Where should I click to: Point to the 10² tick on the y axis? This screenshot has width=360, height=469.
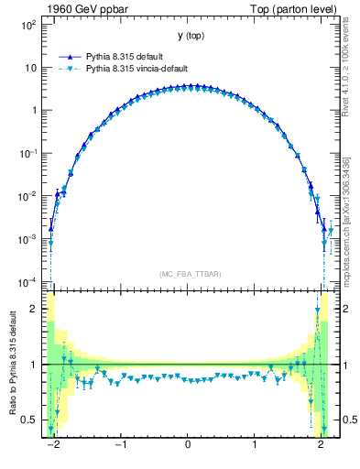30,25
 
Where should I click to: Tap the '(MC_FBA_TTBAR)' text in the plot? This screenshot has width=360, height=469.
188,274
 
